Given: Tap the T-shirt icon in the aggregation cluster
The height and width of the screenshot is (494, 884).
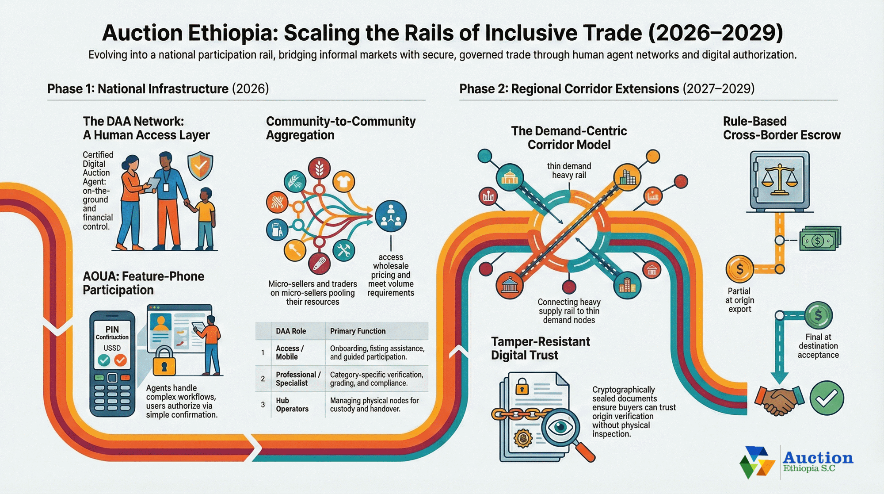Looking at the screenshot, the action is [x=343, y=181].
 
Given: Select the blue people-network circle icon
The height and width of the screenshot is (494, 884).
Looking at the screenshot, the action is [x=391, y=216].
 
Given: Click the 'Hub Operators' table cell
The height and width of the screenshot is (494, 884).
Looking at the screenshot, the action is [x=292, y=405].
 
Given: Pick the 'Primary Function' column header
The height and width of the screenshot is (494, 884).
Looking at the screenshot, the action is [x=358, y=331].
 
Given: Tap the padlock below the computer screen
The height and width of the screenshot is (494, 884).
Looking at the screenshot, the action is [x=164, y=361].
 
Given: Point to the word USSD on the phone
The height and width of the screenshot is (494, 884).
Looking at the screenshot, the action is [x=112, y=348].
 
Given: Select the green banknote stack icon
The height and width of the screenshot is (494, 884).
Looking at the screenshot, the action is [x=820, y=239].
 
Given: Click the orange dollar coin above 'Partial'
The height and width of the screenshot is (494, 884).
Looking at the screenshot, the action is [x=739, y=269].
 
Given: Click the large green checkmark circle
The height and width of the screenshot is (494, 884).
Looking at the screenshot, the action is [x=827, y=398].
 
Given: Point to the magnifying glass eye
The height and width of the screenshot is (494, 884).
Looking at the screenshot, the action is [x=560, y=427].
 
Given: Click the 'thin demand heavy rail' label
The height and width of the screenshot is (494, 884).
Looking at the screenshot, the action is [x=569, y=171].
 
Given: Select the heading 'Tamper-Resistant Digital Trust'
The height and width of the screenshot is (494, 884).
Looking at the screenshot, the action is [x=540, y=348].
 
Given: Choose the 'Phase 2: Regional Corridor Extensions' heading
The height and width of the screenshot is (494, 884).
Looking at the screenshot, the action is [x=569, y=89].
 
